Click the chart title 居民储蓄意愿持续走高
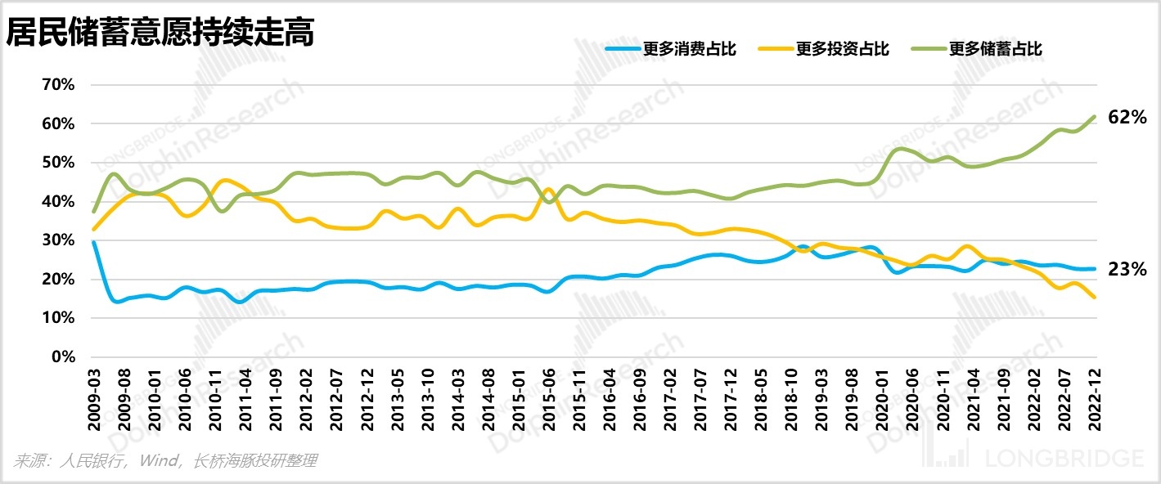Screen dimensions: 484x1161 [x=160, y=34]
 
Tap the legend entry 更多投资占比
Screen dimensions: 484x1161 [x=842, y=49]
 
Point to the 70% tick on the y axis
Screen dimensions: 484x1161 [x=57, y=85]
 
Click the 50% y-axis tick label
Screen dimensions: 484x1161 [x=57, y=163]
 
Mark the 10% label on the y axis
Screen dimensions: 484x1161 [x=57, y=318]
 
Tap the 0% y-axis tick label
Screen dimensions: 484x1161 [x=61, y=357]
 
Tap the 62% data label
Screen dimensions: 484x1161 [x=1127, y=118]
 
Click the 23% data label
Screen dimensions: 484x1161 [x=1127, y=269]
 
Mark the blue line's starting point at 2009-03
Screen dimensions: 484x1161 [x=93, y=243]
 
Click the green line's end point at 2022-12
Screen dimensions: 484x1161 [x=1095, y=116]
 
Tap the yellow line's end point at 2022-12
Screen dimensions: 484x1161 [x=1095, y=298]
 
